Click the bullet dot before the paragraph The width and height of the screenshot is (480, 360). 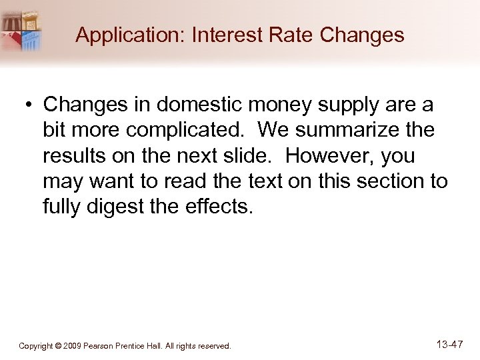click(x=29, y=105)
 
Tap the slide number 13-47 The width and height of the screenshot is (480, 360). click(x=449, y=345)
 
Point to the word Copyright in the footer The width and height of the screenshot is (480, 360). click(x=36, y=346)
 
